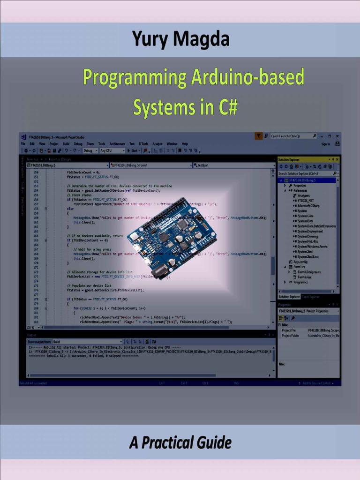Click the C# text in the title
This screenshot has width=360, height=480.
(226, 107)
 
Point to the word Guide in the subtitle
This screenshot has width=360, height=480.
(213, 442)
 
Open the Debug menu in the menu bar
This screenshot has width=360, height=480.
(78, 144)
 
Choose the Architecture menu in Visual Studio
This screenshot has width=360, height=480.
(117, 144)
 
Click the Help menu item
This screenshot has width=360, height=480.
(185, 144)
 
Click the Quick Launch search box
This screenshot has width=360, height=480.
(292, 136)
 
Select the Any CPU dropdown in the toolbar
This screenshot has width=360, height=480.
(112, 151)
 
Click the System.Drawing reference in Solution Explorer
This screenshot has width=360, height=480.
(307, 236)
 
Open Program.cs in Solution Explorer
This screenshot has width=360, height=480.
(300, 282)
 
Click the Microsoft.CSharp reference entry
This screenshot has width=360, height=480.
(308, 205)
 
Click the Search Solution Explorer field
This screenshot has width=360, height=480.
(305, 173)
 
